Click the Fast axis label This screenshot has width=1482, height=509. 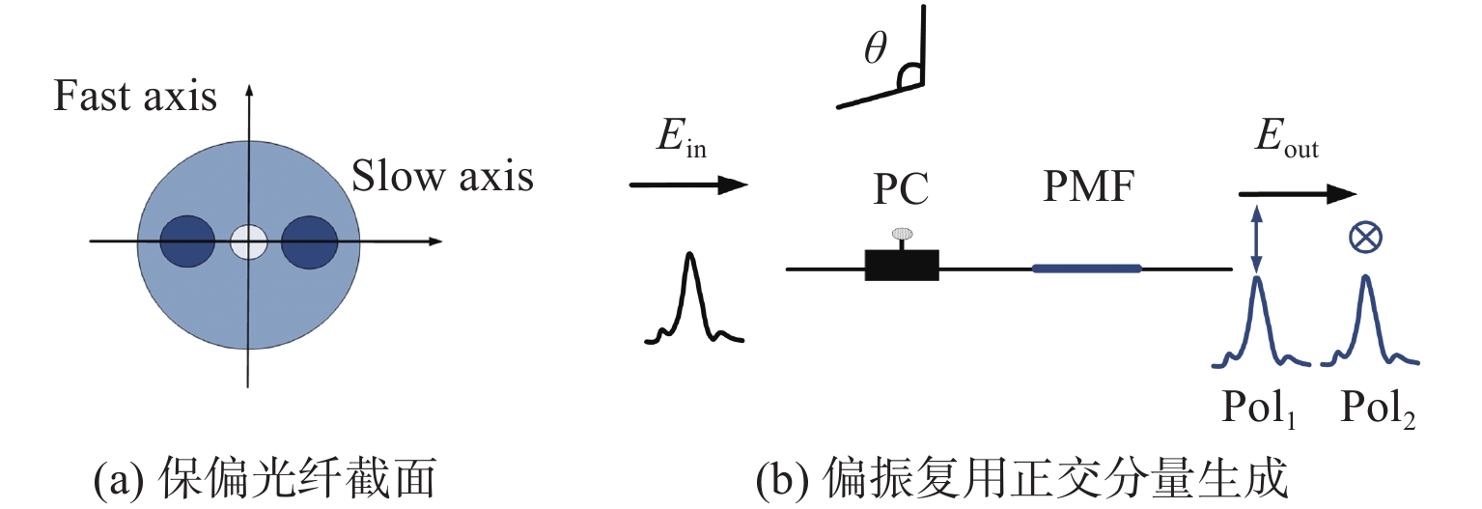pos(135,98)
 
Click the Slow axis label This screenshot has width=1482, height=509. pos(442,177)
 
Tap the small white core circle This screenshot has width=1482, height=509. pos(249,240)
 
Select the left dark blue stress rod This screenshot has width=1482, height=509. pos(187,240)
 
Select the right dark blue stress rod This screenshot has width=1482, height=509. pos(309,240)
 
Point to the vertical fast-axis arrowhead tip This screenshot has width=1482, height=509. pos(250,87)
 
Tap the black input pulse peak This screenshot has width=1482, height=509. pos(689,257)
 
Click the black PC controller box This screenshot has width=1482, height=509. pos(902,265)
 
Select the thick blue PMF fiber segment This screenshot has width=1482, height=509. pos(1087,268)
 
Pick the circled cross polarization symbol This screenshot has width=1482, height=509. pos(1364,238)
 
